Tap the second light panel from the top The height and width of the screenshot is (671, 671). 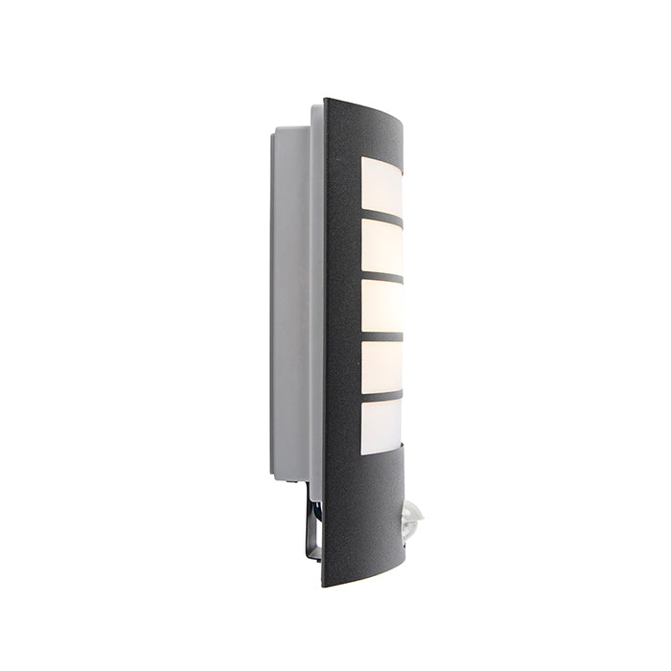pyautogui.click(x=382, y=246)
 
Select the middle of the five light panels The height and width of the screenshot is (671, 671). pyautogui.click(x=382, y=306)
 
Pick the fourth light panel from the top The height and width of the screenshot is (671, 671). pyautogui.click(x=382, y=366)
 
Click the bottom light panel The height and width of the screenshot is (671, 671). pyautogui.click(x=382, y=426)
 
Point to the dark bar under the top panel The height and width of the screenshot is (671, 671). pyautogui.click(x=382, y=217)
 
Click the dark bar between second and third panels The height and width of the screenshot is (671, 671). pyautogui.click(x=382, y=277)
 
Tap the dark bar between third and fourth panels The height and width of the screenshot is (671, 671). pyautogui.click(x=382, y=336)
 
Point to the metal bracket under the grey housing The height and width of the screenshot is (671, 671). pyautogui.click(x=312, y=522)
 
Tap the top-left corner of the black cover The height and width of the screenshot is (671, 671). pyautogui.click(x=326, y=101)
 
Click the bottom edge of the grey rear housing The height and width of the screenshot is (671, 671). pyautogui.click(x=289, y=477)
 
